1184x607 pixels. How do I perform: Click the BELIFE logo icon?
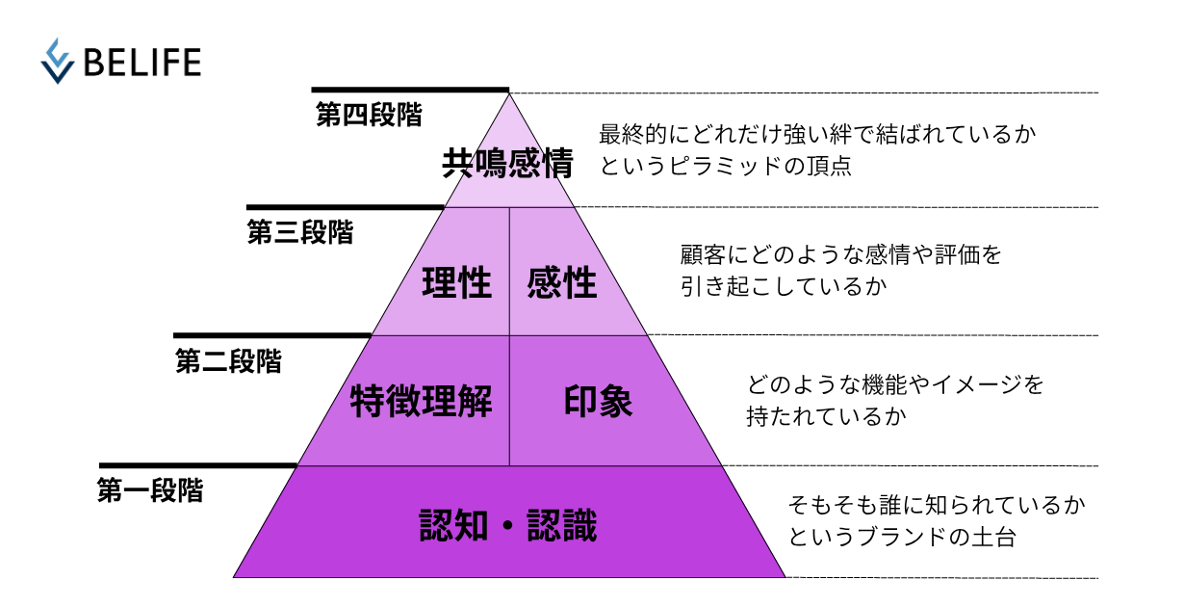[58, 61]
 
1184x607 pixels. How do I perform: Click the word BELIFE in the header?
[142, 62]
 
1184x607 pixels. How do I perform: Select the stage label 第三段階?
[299, 232]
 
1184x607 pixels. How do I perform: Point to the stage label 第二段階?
[228, 361]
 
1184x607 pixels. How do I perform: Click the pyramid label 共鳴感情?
[507, 164]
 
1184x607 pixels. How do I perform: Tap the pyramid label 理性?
[456, 284]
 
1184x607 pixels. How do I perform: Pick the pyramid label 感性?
[562, 284]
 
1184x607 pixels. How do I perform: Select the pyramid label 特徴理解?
[421, 402]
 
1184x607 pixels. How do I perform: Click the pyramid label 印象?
[598, 402]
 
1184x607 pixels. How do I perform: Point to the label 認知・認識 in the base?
[508, 526]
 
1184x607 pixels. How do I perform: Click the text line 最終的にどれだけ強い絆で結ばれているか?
[817, 134]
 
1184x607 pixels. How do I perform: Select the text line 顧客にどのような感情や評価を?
[841, 256]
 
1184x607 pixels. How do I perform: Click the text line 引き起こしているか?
[783, 287]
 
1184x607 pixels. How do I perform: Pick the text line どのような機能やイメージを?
[895, 385]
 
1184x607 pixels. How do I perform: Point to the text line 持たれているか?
[826, 416]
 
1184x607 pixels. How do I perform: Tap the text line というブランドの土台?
[902, 536]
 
